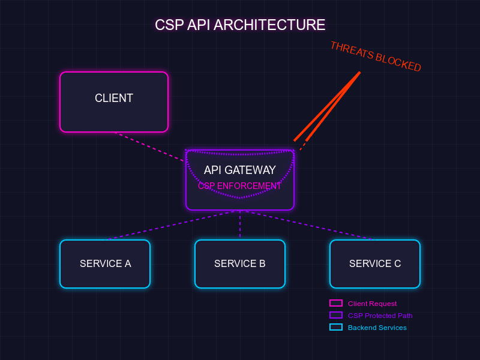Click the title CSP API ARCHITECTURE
(240, 25)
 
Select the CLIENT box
(114, 101)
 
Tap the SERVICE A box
(105, 264)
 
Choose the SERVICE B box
(240, 264)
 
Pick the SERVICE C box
(375, 264)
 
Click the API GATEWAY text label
(240, 170)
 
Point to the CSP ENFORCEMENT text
(240, 186)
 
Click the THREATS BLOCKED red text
(376, 57)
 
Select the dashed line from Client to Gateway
(150, 147)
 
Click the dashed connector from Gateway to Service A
(174, 225)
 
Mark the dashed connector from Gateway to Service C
(306, 225)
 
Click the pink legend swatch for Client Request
(336, 304)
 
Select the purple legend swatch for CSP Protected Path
(336, 316)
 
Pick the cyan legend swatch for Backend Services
(336, 328)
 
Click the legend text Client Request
(372, 304)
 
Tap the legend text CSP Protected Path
(380, 316)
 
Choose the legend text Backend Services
(377, 328)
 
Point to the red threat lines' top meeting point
(359, 73)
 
